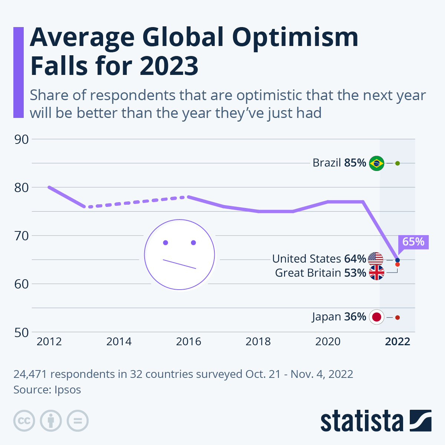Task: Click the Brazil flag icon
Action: pyautogui.click(x=377, y=163)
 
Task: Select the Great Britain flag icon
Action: pyautogui.click(x=377, y=273)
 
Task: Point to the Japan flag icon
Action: pyautogui.click(x=377, y=317)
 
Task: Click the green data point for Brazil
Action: pyautogui.click(x=398, y=163)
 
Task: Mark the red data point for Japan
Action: pyautogui.click(x=398, y=317)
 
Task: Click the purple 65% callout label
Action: pyautogui.click(x=413, y=242)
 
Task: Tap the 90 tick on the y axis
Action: pyautogui.click(x=22, y=139)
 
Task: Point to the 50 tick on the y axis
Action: pyautogui.click(x=22, y=333)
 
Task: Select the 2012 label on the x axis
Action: pyautogui.click(x=49, y=342)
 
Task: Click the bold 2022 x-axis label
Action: pyautogui.click(x=398, y=342)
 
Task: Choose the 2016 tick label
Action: pyautogui.click(x=188, y=342)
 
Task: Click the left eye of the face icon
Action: pyautogui.click(x=165, y=243)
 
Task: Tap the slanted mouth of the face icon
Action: pyautogui.click(x=179, y=264)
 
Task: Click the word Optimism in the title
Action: pyautogui.click(x=295, y=38)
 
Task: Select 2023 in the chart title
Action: pyautogui.click(x=169, y=66)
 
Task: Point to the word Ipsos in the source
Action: pyautogui.click(x=68, y=390)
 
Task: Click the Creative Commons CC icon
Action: pyautogui.click(x=24, y=421)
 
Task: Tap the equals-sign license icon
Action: pyautogui.click(x=78, y=421)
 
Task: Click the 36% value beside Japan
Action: pyautogui.click(x=355, y=317)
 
